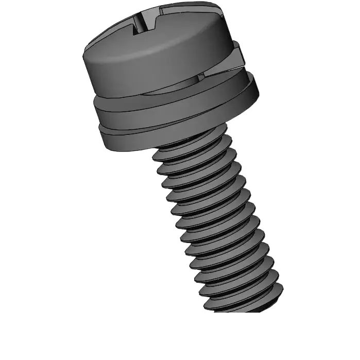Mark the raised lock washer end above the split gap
(237, 54)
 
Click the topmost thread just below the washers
(191, 147)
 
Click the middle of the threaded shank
(216, 221)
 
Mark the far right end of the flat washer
(258, 90)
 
